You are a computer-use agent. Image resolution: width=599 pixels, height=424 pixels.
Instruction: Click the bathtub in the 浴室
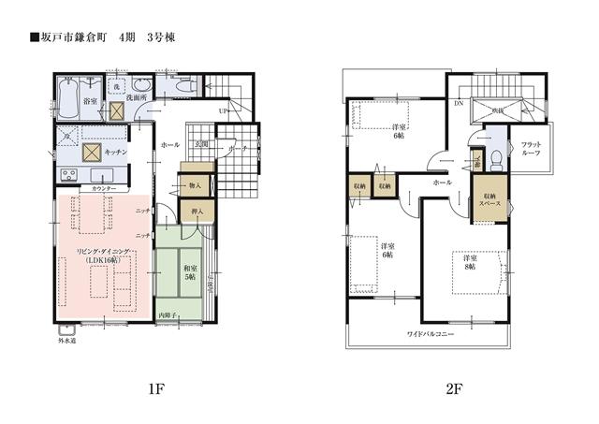[71, 96]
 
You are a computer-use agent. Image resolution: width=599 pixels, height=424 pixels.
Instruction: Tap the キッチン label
[115, 151]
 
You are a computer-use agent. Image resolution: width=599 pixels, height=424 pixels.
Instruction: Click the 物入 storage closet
[195, 185]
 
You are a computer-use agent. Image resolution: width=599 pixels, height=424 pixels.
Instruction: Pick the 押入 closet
[198, 212]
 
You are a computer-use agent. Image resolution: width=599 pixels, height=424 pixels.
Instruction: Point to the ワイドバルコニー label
[430, 333]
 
